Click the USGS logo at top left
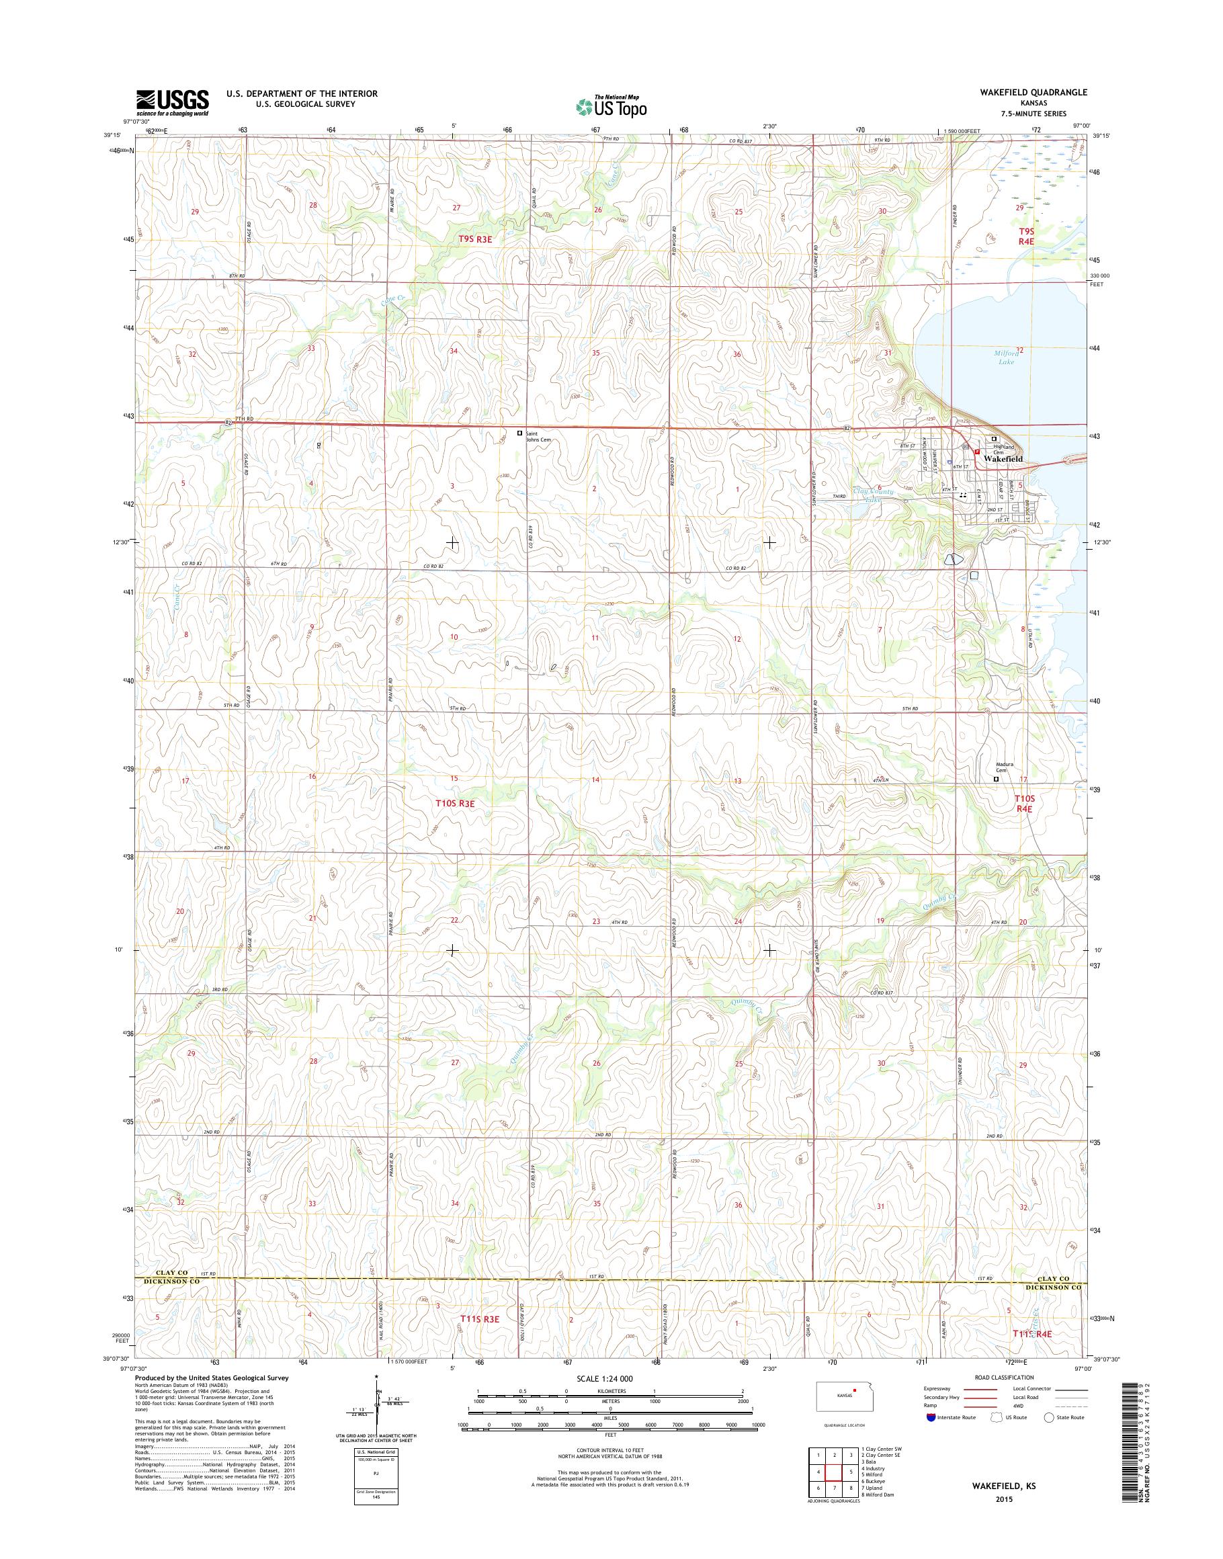173,102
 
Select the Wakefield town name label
1004,458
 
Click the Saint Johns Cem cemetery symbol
521,433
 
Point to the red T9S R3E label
476,239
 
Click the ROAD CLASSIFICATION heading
1005,1377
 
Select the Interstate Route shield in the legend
929,1417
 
